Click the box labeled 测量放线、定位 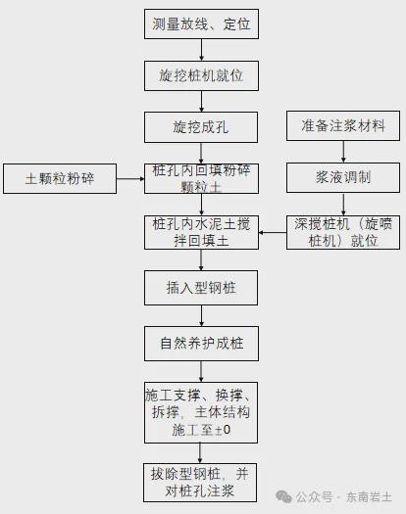(201, 23)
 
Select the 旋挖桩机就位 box (201, 75)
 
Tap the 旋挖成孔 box (201, 127)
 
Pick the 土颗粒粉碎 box (60, 178)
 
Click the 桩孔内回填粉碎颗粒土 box (201, 178)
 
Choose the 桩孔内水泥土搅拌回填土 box (201, 232)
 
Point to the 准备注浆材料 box (343, 126)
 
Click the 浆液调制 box (343, 177)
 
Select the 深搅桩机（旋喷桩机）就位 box (343, 232)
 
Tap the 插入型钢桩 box (201, 288)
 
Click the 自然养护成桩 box (201, 344)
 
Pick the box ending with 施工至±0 (201, 412)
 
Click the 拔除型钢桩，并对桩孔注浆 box (200, 483)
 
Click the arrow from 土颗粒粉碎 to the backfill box (130, 178)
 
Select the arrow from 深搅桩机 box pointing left (273, 233)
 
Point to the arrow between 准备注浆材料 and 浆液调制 (343, 152)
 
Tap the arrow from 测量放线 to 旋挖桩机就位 (201, 50)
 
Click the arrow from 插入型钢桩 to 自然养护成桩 (201, 315)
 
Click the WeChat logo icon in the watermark (283, 496)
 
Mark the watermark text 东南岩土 (369, 497)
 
